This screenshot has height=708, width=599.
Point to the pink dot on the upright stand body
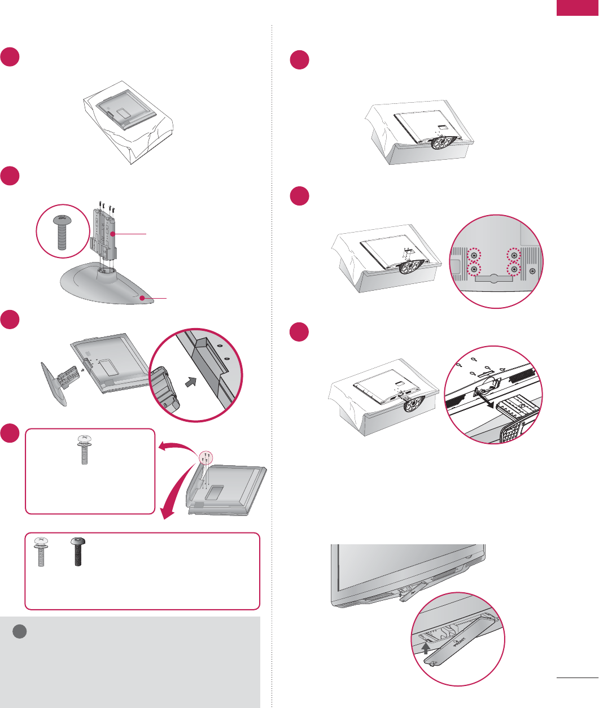112,233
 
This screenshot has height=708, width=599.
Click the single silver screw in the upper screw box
84,449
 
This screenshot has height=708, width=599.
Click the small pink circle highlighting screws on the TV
206,458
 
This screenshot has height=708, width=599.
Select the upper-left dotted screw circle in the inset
473,255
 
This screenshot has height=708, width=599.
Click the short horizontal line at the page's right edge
577,676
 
